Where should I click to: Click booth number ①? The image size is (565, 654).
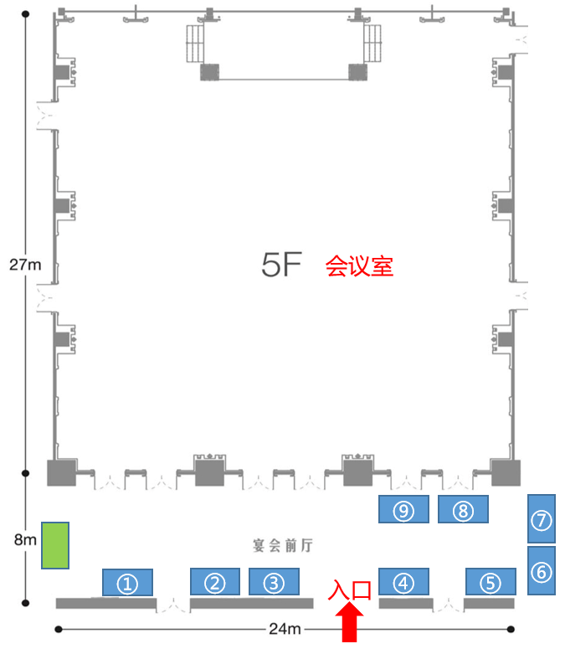[x=127, y=582]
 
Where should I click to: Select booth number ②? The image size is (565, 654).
[x=216, y=582]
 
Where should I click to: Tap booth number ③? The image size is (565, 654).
[x=274, y=582]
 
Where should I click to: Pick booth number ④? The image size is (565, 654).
[x=404, y=582]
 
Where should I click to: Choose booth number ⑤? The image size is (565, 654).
[x=491, y=582]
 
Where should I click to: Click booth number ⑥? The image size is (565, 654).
[x=542, y=571]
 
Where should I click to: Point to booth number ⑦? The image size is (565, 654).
[x=542, y=519]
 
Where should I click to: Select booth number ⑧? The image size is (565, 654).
[x=463, y=510]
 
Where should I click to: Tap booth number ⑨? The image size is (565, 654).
[x=404, y=510]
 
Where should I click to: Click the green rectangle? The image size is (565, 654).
[x=55, y=546]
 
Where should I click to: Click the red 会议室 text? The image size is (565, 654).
[x=359, y=266]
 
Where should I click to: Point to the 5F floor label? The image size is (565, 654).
[x=280, y=265]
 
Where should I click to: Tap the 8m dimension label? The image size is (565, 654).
[x=25, y=539]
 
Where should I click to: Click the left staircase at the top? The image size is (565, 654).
[x=195, y=43]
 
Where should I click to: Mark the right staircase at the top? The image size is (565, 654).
[x=372, y=43]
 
